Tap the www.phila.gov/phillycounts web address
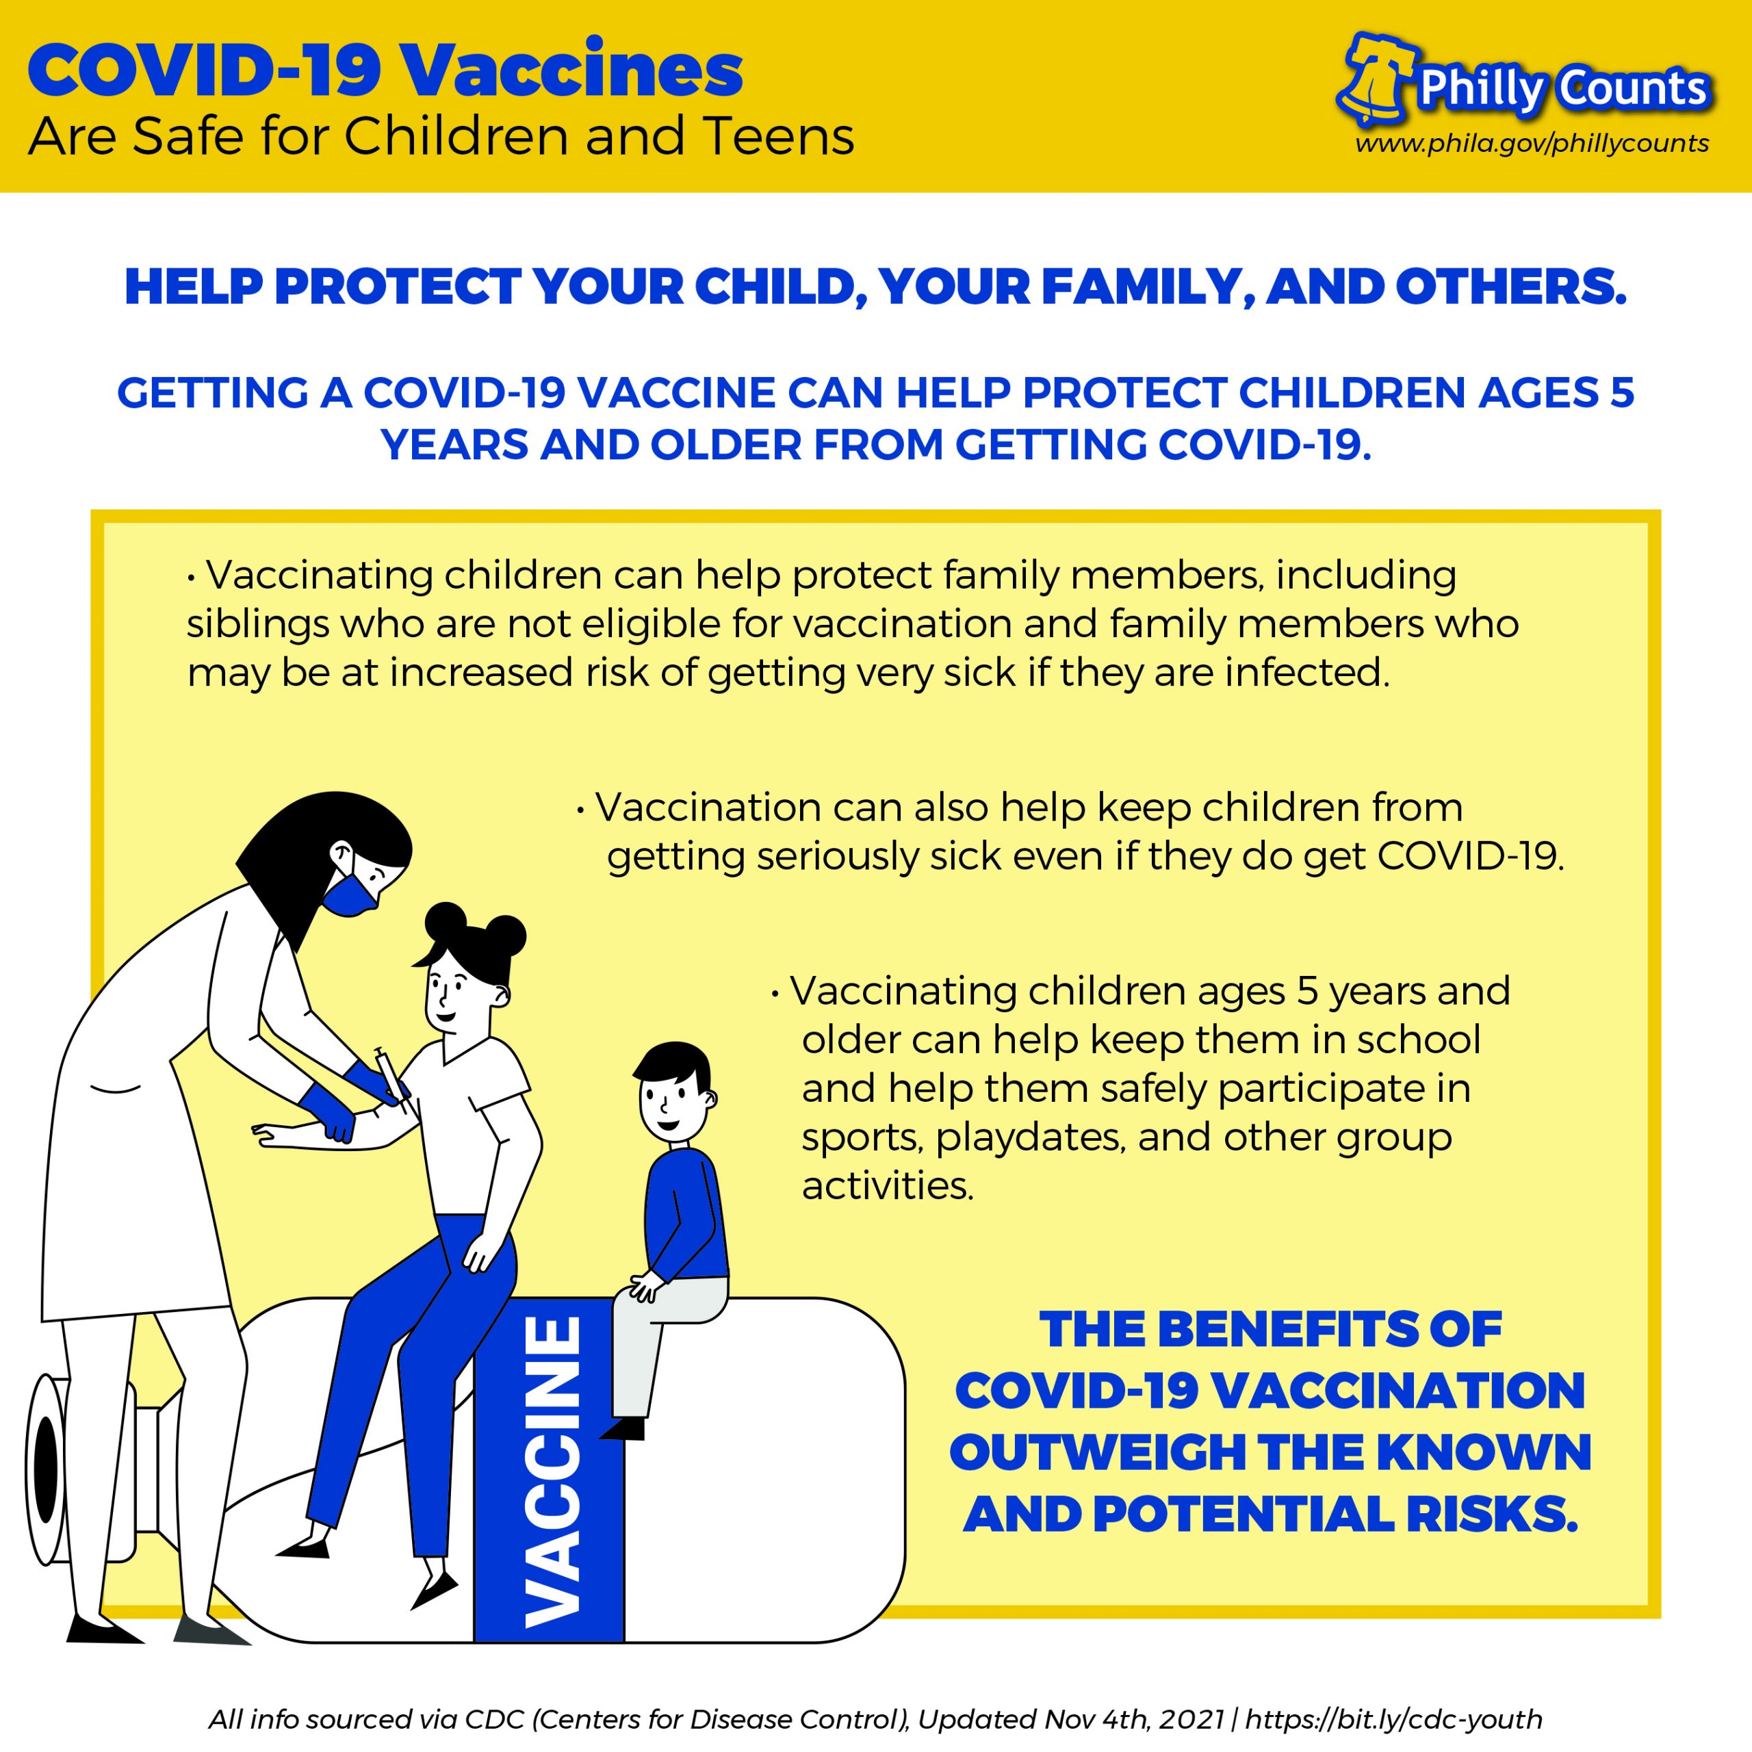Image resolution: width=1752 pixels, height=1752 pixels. click(1532, 143)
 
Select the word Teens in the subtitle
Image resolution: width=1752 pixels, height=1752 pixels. click(777, 137)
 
